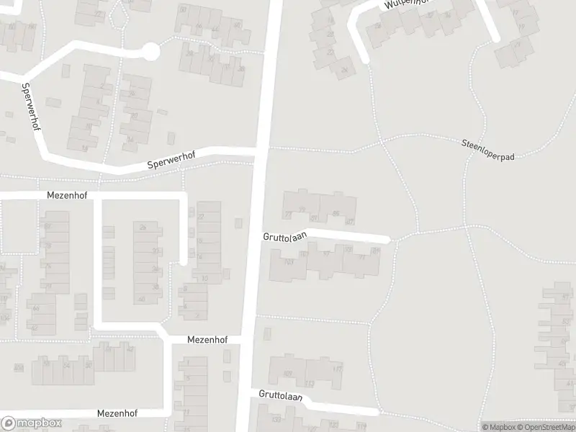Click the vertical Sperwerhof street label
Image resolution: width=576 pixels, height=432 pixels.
(30, 106)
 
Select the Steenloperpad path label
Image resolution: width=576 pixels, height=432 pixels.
(489, 150)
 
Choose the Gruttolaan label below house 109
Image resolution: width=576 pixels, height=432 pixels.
(281, 396)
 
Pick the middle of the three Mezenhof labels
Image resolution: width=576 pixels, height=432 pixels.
(207, 339)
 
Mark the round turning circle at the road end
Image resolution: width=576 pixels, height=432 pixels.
(150, 51)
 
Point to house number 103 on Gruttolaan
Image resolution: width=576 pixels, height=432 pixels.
(289, 262)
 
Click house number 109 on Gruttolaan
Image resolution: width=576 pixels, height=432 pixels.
(287, 374)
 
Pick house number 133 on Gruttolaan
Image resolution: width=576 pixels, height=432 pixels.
(276, 418)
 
